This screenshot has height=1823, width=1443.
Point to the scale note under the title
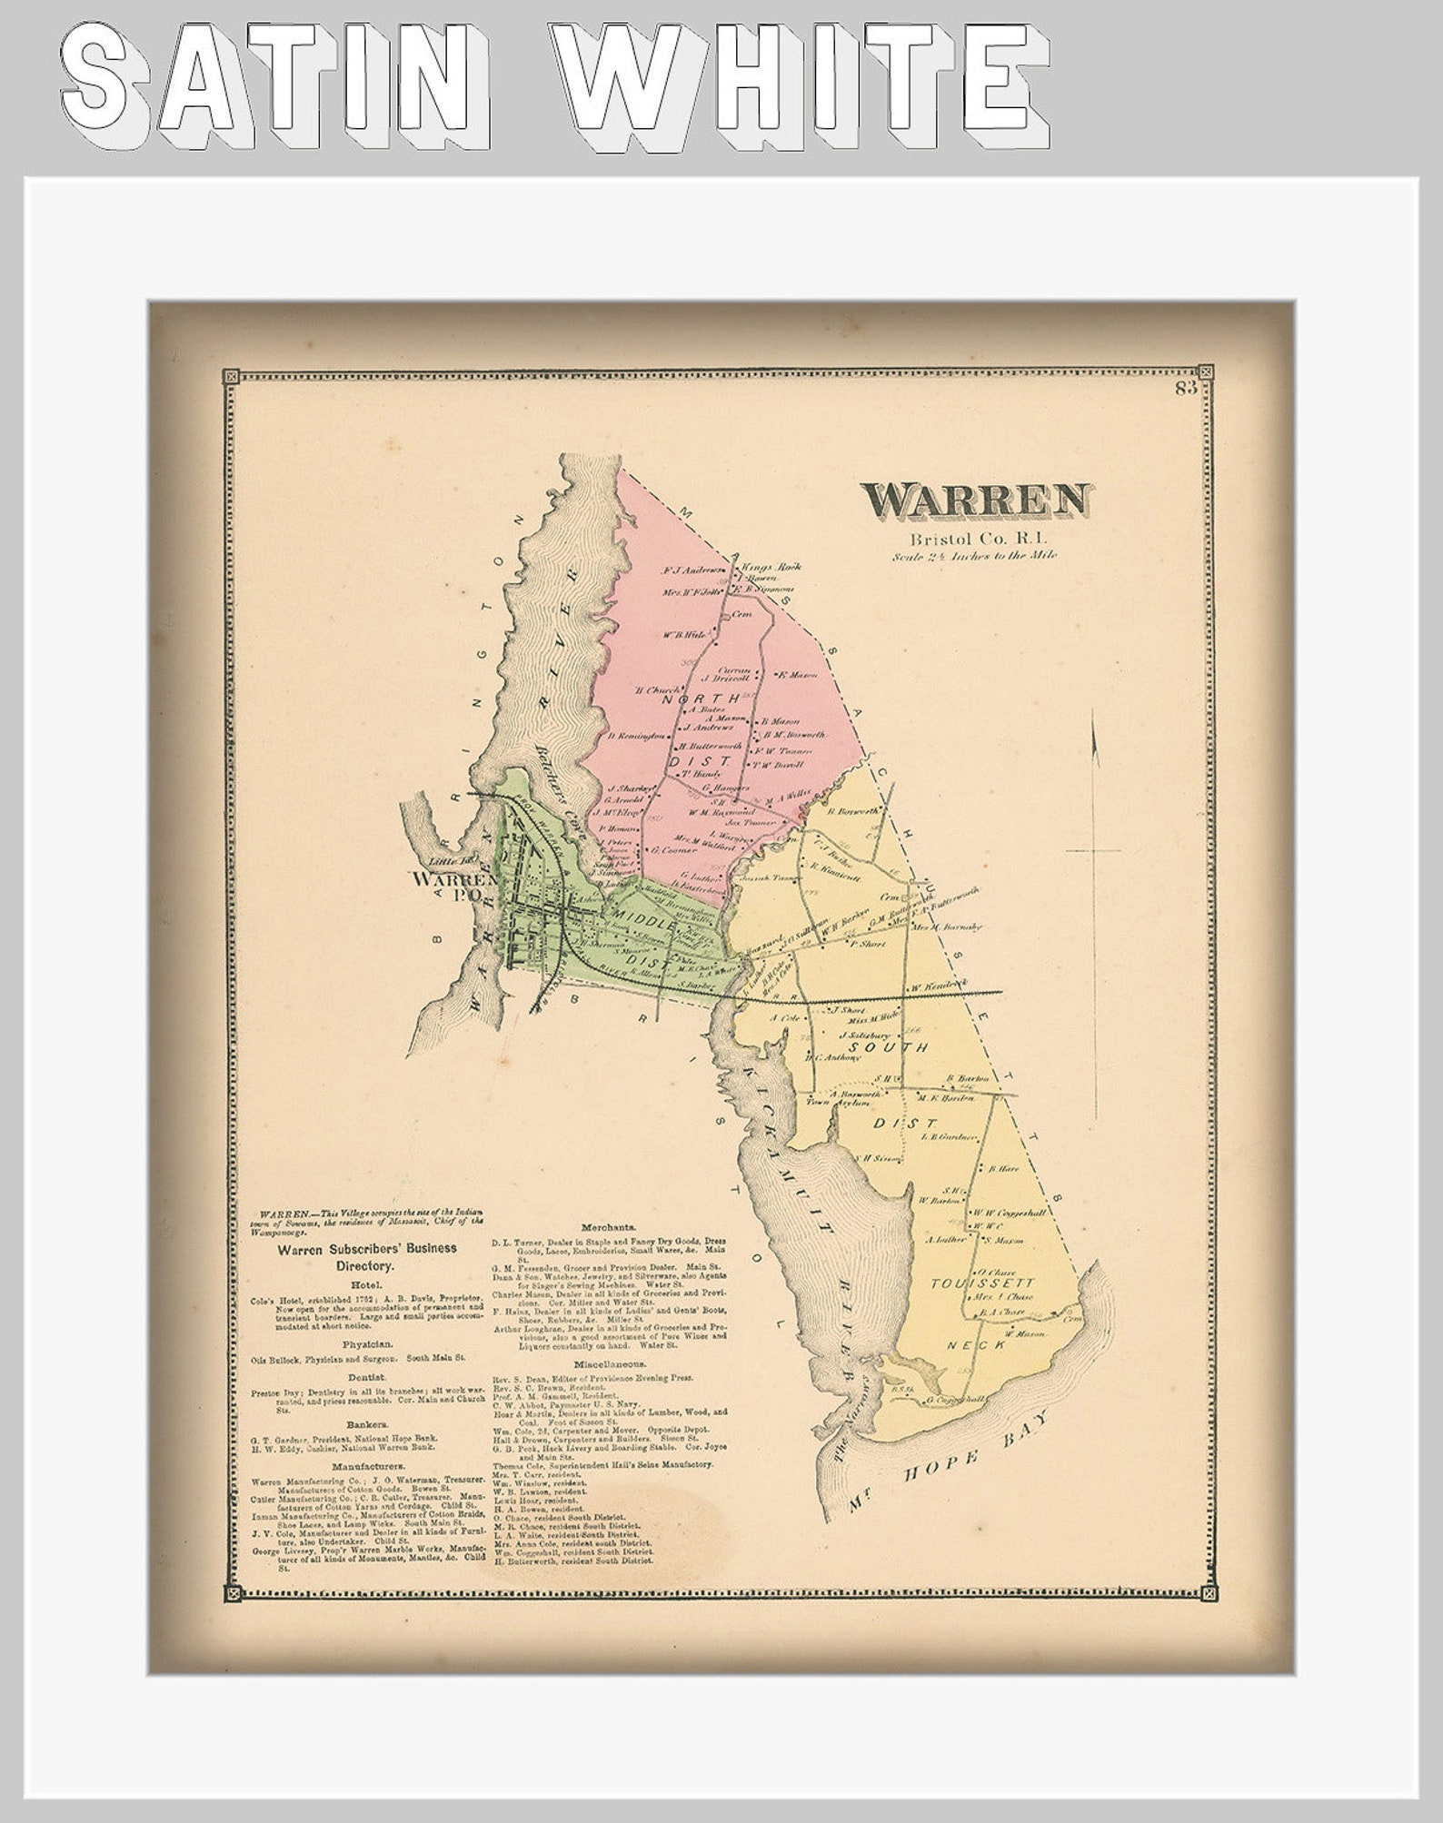(x=975, y=556)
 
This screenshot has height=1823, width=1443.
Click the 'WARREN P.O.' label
(x=452, y=887)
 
